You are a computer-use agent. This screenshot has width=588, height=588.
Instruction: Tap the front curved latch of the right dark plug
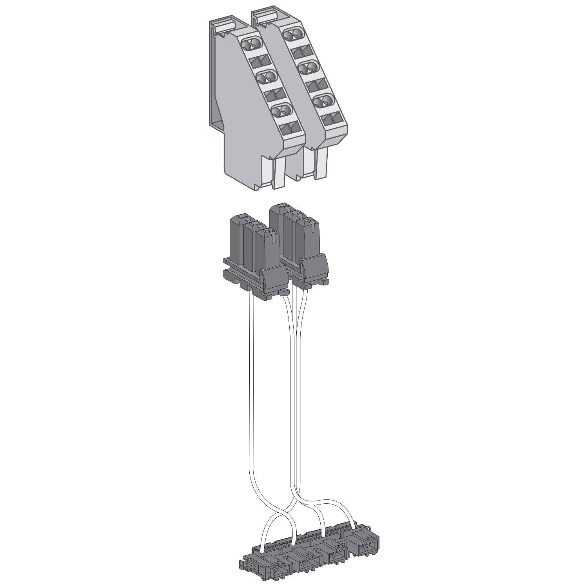pos(315,267)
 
